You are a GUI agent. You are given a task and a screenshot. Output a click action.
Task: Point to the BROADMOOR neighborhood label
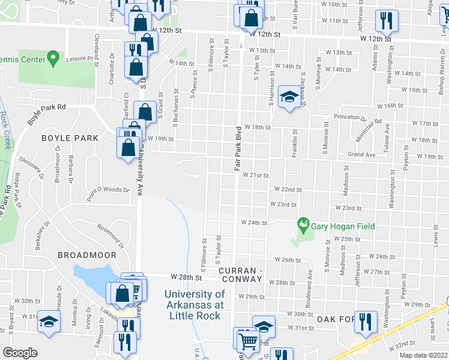point(86,255)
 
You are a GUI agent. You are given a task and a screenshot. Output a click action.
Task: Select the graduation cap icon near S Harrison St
point(289,98)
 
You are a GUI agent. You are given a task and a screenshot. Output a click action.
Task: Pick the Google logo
point(20,353)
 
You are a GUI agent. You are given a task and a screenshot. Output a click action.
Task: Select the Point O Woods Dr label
point(108,190)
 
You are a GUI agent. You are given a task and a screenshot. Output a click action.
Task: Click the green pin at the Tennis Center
point(53,58)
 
